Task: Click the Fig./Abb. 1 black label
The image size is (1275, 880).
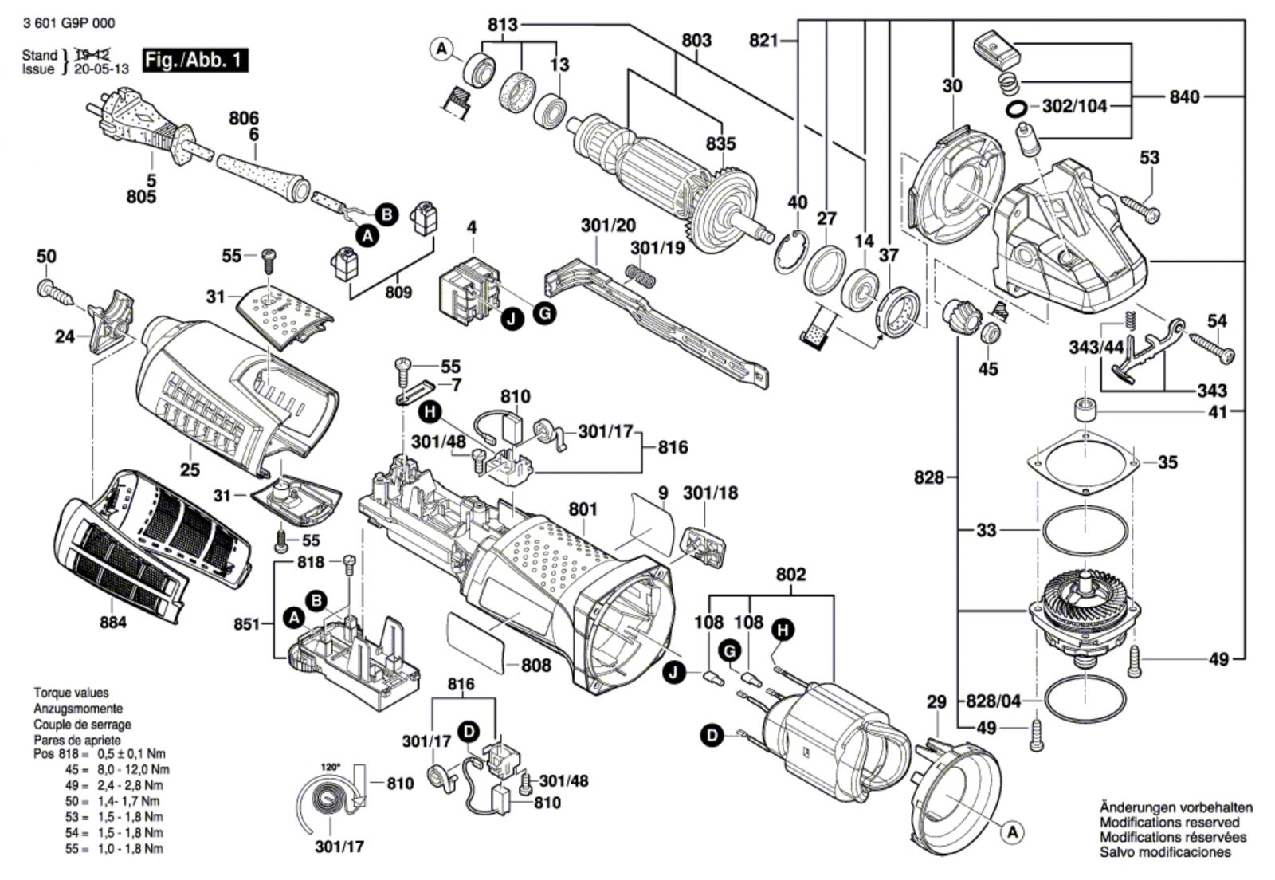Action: point(194,60)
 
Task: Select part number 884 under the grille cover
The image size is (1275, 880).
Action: point(112,622)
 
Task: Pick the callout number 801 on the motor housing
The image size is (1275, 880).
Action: point(583,509)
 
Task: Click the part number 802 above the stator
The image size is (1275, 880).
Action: point(790,574)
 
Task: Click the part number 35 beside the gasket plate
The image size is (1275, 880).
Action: point(1167,462)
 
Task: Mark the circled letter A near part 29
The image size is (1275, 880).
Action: point(1012,832)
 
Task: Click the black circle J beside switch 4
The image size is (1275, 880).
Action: point(511,319)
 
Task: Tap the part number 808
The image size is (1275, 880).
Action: point(535,664)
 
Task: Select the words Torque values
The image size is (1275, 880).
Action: point(71,693)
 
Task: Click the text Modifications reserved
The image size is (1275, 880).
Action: point(1169,822)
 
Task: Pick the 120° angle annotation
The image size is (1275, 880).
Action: point(330,767)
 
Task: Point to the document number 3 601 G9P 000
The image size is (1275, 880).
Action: point(70,23)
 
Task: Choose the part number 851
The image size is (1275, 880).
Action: point(247,623)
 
